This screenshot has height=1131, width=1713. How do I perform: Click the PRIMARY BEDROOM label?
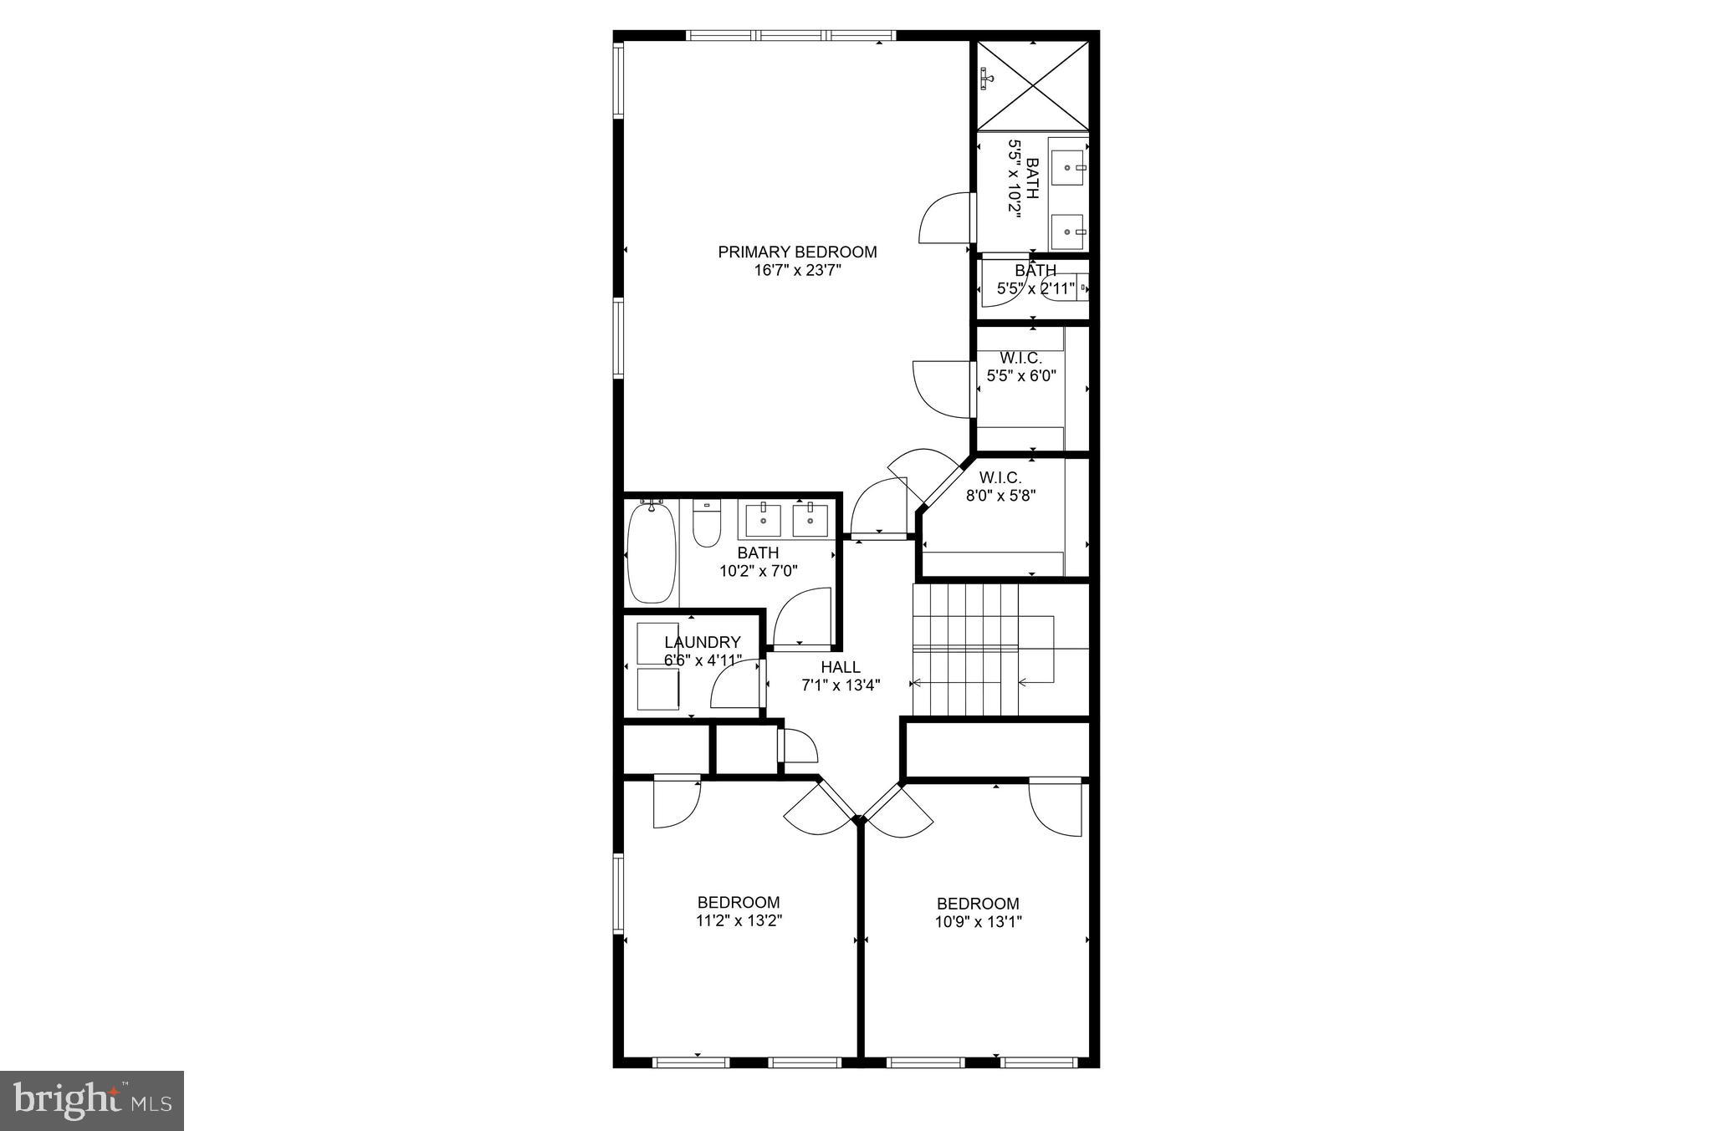pyautogui.click(x=797, y=252)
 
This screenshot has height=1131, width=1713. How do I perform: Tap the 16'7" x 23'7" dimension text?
pyautogui.click(x=797, y=271)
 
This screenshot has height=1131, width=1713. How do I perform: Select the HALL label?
pyautogui.click(x=841, y=667)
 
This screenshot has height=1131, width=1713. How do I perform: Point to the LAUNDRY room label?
pyautogui.click(x=703, y=642)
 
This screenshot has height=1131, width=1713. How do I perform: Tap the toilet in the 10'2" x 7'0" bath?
pyautogui.click(x=707, y=524)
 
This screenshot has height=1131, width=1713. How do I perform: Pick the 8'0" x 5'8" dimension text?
pyautogui.click(x=1001, y=495)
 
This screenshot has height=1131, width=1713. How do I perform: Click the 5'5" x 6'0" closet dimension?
pyautogui.click(x=1021, y=376)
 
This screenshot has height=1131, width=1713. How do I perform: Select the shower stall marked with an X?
pyautogui.click(x=1034, y=86)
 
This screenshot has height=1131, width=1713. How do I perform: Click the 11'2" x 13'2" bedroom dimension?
pyautogui.click(x=739, y=921)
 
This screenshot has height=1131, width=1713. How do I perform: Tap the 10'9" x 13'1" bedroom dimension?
pyautogui.click(x=979, y=922)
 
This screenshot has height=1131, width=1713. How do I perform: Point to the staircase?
pyautogui.click(x=983, y=650)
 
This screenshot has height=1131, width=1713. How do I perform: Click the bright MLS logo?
pyautogui.click(x=92, y=1099)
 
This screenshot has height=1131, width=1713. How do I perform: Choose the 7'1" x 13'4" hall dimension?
pyautogui.click(x=841, y=685)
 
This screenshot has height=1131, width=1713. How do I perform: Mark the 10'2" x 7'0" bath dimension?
pyautogui.click(x=759, y=572)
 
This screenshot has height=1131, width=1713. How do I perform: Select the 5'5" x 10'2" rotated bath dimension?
pyautogui.click(x=1015, y=191)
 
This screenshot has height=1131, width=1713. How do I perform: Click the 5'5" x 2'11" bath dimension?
pyautogui.click(x=1035, y=289)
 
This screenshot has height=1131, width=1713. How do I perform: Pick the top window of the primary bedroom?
pyautogui.click(x=790, y=36)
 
